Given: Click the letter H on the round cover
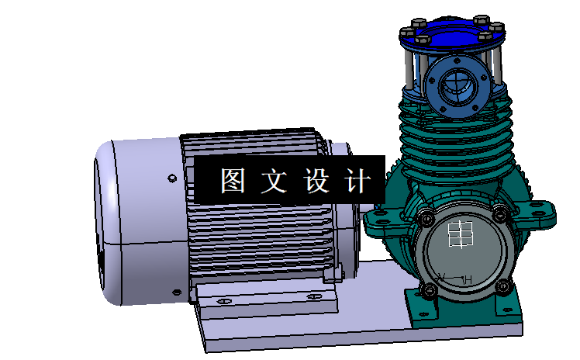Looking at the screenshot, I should tap(468, 279).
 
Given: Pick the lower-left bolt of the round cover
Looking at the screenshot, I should tap(429, 290).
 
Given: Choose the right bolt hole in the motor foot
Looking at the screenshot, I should tap(313, 296).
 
